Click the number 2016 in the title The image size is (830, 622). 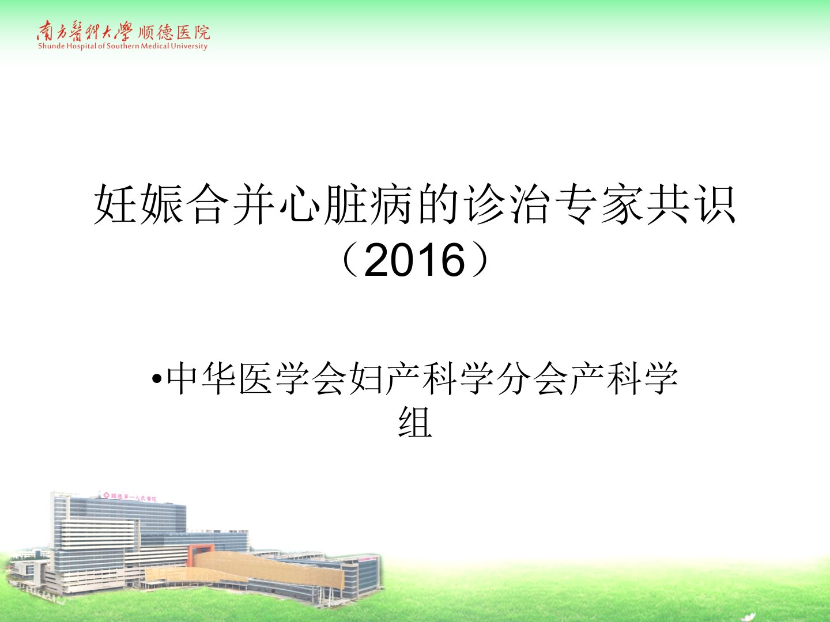point(414,260)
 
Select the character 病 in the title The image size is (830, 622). point(391,204)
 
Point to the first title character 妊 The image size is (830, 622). point(115,204)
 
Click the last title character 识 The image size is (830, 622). point(714,204)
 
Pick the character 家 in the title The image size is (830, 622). point(622,204)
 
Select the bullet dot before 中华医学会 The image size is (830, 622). point(157,378)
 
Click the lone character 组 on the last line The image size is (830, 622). point(415,422)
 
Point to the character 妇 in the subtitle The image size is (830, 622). point(365,378)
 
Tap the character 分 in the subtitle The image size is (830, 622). point(512,378)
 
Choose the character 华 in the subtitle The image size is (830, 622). point(217,378)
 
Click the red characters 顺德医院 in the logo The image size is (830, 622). point(173,33)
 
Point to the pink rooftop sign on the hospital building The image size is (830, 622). point(129,496)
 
